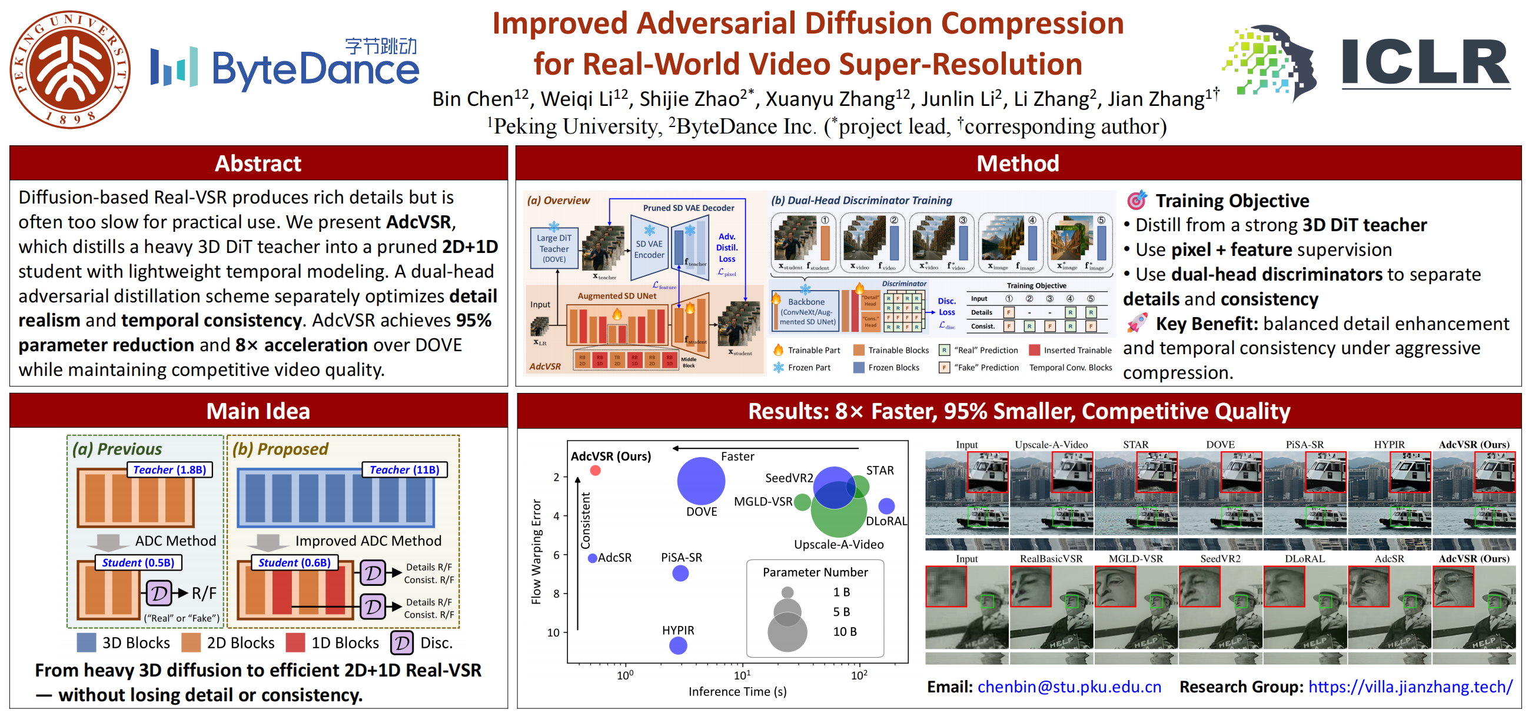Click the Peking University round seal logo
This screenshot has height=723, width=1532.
pyautogui.click(x=70, y=69)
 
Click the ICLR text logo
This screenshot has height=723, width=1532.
pyautogui.click(x=1425, y=64)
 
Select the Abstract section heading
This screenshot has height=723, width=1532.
pyautogui.click(x=258, y=164)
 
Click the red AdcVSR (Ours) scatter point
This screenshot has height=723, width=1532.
pyautogui.click(x=595, y=470)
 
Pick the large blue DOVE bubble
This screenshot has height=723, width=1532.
pyautogui.click(x=701, y=481)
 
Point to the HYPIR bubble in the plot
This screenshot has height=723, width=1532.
pyautogui.click(x=678, y=645)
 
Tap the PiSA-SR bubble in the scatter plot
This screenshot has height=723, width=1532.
pyautogui.click(x=680, y=573)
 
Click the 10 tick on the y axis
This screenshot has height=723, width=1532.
pyautogui.click(x=553, y=632)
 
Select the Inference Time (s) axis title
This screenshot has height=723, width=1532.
pyautogui.click(x=737, y=691)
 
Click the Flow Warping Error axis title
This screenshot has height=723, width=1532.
pyautogui.click(x=536, y=552)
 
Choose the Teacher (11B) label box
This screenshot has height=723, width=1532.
pyautogui.click(x=404, y=469)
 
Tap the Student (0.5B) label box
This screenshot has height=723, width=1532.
pyautogui.click(x=138, y=562)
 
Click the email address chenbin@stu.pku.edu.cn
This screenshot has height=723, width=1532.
pyautogui.click(x=1069, y=687)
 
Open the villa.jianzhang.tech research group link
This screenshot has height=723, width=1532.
pyautogui.click(x=1410, y=687)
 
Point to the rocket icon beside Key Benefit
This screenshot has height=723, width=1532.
pyautogui.click(x=1136, y=324)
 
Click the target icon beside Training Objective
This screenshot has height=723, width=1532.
pyautogui.click(x=1136, y=201)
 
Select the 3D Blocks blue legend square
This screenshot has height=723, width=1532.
pyautogui.click(x=87, y=643)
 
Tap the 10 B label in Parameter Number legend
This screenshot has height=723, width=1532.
pyautogui.click(x=845, y=631)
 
